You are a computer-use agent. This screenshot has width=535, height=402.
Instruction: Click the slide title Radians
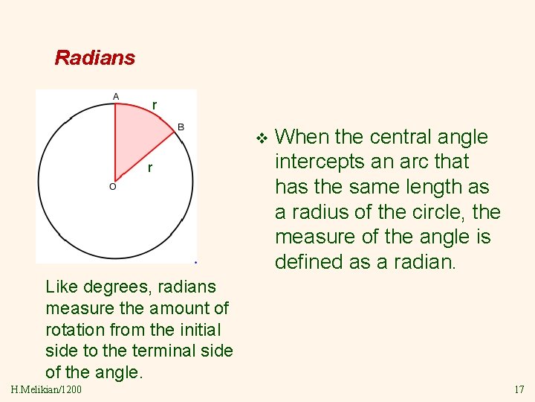point(95,57)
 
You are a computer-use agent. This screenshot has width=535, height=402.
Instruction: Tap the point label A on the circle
point(115,96)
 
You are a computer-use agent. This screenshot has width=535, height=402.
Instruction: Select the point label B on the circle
point(181,127)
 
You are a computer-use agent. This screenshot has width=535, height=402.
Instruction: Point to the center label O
point(112,187)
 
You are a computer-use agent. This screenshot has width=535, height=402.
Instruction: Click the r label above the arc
point(154,105)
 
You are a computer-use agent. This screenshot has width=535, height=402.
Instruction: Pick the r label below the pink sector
point(149,168)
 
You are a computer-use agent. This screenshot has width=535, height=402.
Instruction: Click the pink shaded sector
point(137,134)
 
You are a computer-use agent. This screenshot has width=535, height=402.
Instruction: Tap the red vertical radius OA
point(115,141)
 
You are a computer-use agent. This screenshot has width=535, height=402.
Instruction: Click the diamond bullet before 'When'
point(260,138)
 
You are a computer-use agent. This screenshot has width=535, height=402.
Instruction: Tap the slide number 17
point(519,389)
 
